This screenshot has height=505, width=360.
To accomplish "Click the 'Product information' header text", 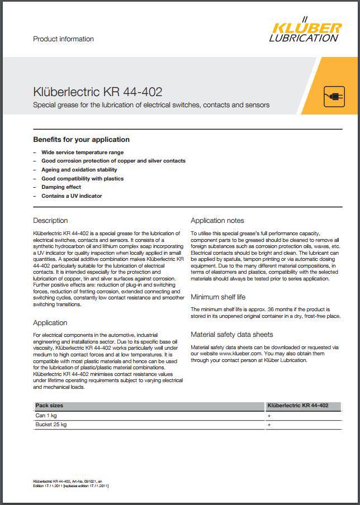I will pos(64,39).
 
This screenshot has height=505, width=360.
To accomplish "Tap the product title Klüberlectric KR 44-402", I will pos(98,92).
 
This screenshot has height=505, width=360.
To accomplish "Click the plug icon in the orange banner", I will pos(334,97).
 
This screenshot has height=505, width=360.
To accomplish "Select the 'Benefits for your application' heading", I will pos(82,140).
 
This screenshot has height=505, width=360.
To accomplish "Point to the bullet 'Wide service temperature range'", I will pos(82,152).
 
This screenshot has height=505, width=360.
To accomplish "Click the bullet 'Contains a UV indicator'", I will pos(72,196).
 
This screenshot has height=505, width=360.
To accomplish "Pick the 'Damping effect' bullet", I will pos(61,187).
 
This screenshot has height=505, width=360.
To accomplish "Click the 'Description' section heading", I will pos(50,221).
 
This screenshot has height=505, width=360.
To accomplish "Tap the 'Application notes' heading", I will pos(217,221).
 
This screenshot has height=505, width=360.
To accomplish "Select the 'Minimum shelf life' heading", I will pos(218,297).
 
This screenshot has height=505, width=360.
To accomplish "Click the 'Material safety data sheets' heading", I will pos(232,335).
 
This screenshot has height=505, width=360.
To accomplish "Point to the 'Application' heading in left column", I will pos(50,323).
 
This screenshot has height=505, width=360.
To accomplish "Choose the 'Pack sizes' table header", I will pos(49,406).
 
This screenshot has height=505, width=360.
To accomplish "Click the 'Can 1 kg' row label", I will pos(46,416).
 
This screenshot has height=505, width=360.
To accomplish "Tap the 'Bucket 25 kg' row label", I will pos(51,425).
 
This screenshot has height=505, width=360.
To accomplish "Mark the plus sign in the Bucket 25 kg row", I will pos(269,425).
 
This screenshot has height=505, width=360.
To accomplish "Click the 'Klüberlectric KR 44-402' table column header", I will pos(298,406).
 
